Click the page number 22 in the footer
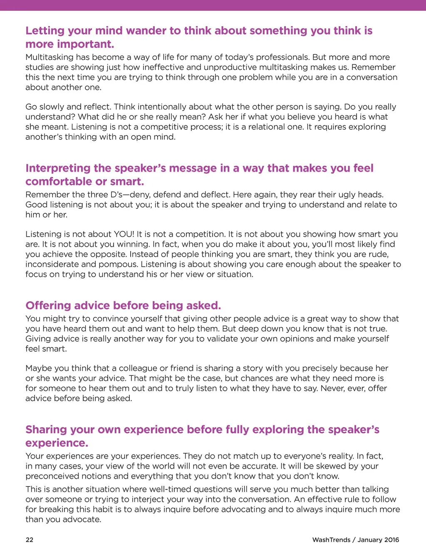(30, 540)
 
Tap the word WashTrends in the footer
(331, 540)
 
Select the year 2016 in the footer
(391, 540)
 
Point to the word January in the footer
(370, 540)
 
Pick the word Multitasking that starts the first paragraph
(50, 57)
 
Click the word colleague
(138, 368)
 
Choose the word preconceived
(52, 476)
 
